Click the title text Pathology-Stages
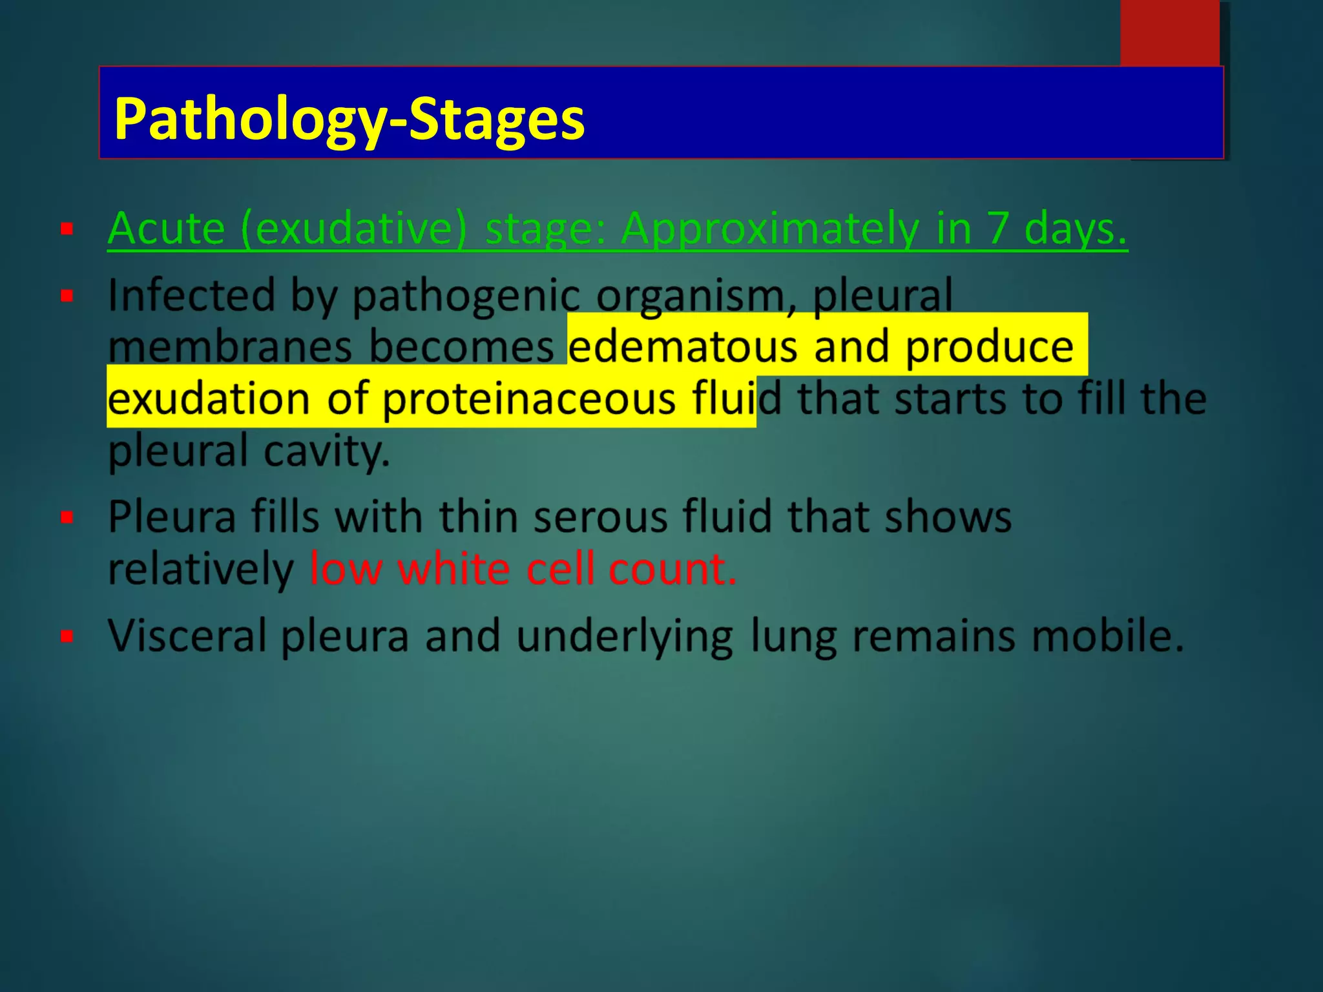click(349, 119)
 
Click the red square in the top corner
click(1169, 32)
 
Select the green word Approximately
click(769, 230)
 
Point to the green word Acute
click(166, 229)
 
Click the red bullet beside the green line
click(67, 229)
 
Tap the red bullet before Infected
click(67, 296)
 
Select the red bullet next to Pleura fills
click(67, 517)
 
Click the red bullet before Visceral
click(67, 636)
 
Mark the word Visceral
click(187, 636)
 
